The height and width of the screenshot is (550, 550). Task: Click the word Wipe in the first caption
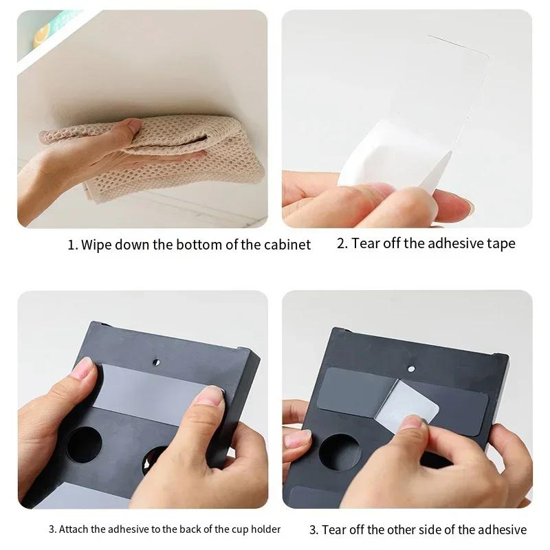coord(97,245)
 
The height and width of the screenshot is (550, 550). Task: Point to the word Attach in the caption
coord(76,529)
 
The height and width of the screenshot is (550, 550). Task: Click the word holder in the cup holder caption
coord(265,529)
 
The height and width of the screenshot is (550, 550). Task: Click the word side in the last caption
coord(441,529)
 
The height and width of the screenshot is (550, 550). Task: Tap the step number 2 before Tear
coord(341,243)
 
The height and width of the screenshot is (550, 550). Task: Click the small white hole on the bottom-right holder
coord(411,368)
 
